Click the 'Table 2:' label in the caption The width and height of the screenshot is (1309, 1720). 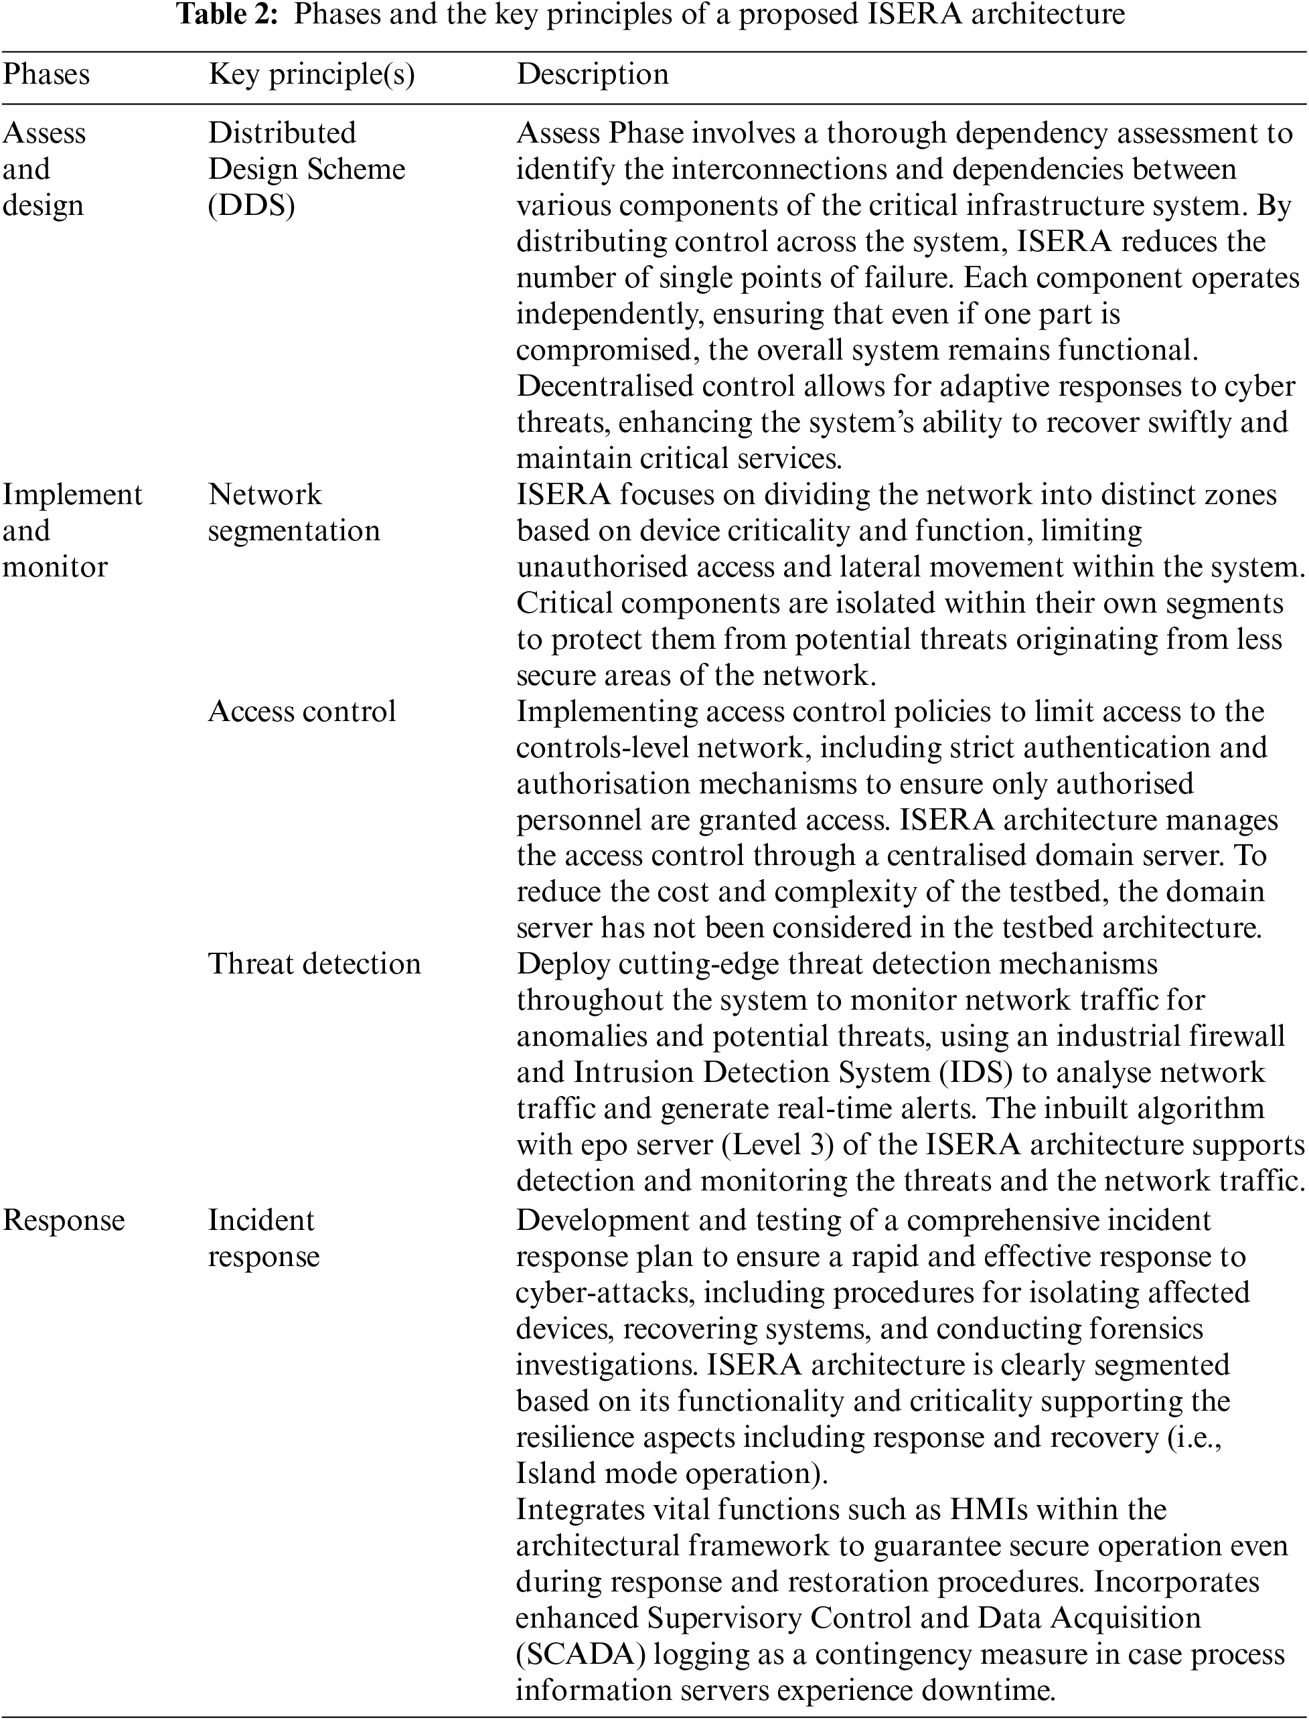[x=229, y=15]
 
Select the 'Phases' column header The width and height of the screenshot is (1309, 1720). [x=47, y=74]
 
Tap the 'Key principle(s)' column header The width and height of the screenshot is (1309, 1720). [x=311, y=74]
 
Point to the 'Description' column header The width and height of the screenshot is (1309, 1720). [x=592, y=74]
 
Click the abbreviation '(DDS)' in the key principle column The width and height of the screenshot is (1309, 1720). [x=251, y=206]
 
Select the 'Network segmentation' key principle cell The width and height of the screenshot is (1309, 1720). [x=294, y=513]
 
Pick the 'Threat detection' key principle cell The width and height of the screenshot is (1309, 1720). [x=314, y=964]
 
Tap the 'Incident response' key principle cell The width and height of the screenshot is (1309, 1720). [x=263, y=1238]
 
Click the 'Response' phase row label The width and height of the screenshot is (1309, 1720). [x=64, y=1221]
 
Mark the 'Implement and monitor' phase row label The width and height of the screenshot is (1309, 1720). [x=72, y=530]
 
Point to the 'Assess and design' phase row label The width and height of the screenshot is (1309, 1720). [x=44, y=169]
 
